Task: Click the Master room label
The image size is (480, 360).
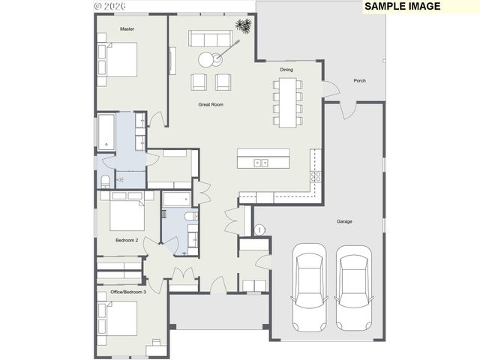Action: click(127, 29)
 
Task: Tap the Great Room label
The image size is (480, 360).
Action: click(211, 104)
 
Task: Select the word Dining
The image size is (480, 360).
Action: click(286, 70)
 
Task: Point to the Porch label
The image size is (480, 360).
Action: click(360, 80)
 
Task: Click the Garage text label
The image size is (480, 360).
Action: click(344, 221)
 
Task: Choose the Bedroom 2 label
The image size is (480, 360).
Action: click(126, 240)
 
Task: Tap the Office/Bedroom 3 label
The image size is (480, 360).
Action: click(128, 291)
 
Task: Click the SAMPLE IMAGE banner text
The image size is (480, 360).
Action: click(403, 7)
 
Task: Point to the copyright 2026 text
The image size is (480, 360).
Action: click(109, 6)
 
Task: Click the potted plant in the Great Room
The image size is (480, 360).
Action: click(244, 27)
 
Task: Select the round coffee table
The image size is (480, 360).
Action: click(207, 60)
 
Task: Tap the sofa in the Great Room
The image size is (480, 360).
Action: click(211, 39)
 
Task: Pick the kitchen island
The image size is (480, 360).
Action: click(263, 158)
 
